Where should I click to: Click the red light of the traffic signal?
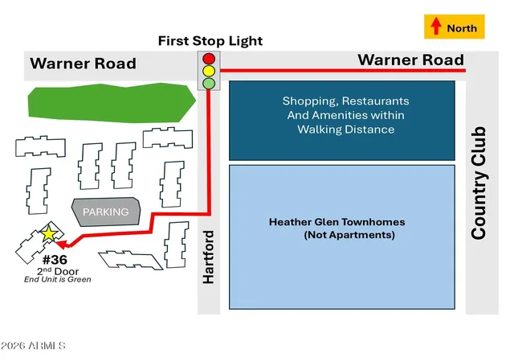[x=209, y=59]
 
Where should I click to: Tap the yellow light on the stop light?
[x=209, y=71]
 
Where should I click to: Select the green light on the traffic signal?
[x=209, y=83]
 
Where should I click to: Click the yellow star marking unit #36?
[x=49, y=233]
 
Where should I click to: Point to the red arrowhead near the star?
[x=63, y=244]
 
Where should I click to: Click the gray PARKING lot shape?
[x=106, y=212]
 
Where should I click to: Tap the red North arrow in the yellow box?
[x=435, y=26]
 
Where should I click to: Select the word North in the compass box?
[x=462, y=28]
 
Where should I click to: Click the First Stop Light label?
[x=210, y=41]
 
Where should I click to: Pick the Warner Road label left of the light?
[x=83, y=64]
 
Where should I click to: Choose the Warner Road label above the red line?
[x=410, y=60]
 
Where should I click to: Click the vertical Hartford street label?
[x=209, y=257]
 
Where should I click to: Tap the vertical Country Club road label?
[x=479, y=183]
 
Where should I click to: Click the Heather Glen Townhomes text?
[x=337, y=222]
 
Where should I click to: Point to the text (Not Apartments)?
[x=349, y=235]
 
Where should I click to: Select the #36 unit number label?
[x=55, y=260]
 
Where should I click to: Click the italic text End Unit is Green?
[x=57, y=280]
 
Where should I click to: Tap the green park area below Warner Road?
[x=112, y=103]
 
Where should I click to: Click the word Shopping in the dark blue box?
[x=308, y=101]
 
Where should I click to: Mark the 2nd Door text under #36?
[x=58, y=271]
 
